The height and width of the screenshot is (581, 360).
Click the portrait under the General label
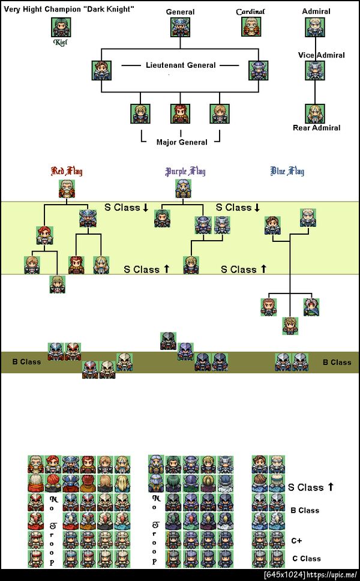pos(181,27)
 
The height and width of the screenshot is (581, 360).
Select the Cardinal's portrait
pos(251,26)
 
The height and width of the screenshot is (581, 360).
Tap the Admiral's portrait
pos(315,27)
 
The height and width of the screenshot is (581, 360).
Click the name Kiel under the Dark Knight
pos(61,42)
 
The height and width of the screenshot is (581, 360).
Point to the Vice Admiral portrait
pos(315,70)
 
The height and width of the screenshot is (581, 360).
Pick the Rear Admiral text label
pos(317,128)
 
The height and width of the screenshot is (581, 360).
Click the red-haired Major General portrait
pos(181,113)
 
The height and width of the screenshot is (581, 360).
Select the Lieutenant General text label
pos(181,65)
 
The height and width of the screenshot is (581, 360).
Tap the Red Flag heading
pos(67,171)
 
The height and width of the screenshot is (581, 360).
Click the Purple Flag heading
pos(185,171)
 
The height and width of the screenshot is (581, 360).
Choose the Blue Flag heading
pos(287,171)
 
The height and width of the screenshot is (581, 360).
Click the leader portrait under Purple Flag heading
pos(183,188)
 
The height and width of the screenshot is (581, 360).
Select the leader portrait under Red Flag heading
pos(67,188)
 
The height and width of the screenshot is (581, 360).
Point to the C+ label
pos(296,541)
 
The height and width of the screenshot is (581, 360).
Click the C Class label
pos(306,559)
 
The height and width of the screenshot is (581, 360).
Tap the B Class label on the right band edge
pos(337,363)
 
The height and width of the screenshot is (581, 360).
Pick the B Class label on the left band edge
pos(26,362)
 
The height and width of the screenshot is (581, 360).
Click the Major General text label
pos(182,142)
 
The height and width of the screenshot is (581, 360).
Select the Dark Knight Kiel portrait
pos(61,27)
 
